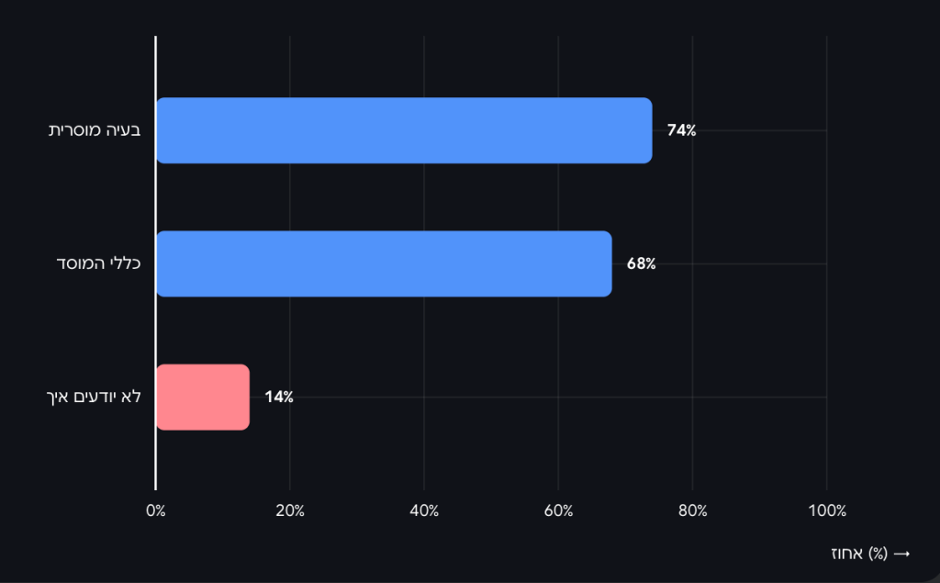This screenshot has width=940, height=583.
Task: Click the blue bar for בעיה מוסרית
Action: click(x=404, y=130)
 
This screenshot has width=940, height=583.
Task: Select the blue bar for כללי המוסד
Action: click(x=384, y=263)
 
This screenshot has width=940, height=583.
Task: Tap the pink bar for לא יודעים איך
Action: click(x=203, y=397)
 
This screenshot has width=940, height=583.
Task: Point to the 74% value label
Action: click(x=681, y=130)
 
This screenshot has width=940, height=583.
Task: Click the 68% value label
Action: click(x=641, y=263)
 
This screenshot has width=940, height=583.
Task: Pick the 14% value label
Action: click(x=278, y=397)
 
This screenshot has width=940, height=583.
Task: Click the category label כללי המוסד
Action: click(x=101, y=263)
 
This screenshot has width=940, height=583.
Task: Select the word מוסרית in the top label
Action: click(x=75, y=130)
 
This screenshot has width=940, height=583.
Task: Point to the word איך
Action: click(x=56, y=397)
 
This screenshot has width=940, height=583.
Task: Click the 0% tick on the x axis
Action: click(x=156, y=511)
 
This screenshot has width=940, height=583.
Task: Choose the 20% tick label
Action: click(x=290, y=511)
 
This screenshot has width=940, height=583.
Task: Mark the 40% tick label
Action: click(x=424, y=511)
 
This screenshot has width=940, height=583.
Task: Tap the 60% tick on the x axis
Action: click(x=558, y=511)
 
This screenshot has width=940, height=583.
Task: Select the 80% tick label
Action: click(x=692, y=511)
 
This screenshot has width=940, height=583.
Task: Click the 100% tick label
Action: click(x=826, y=511)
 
